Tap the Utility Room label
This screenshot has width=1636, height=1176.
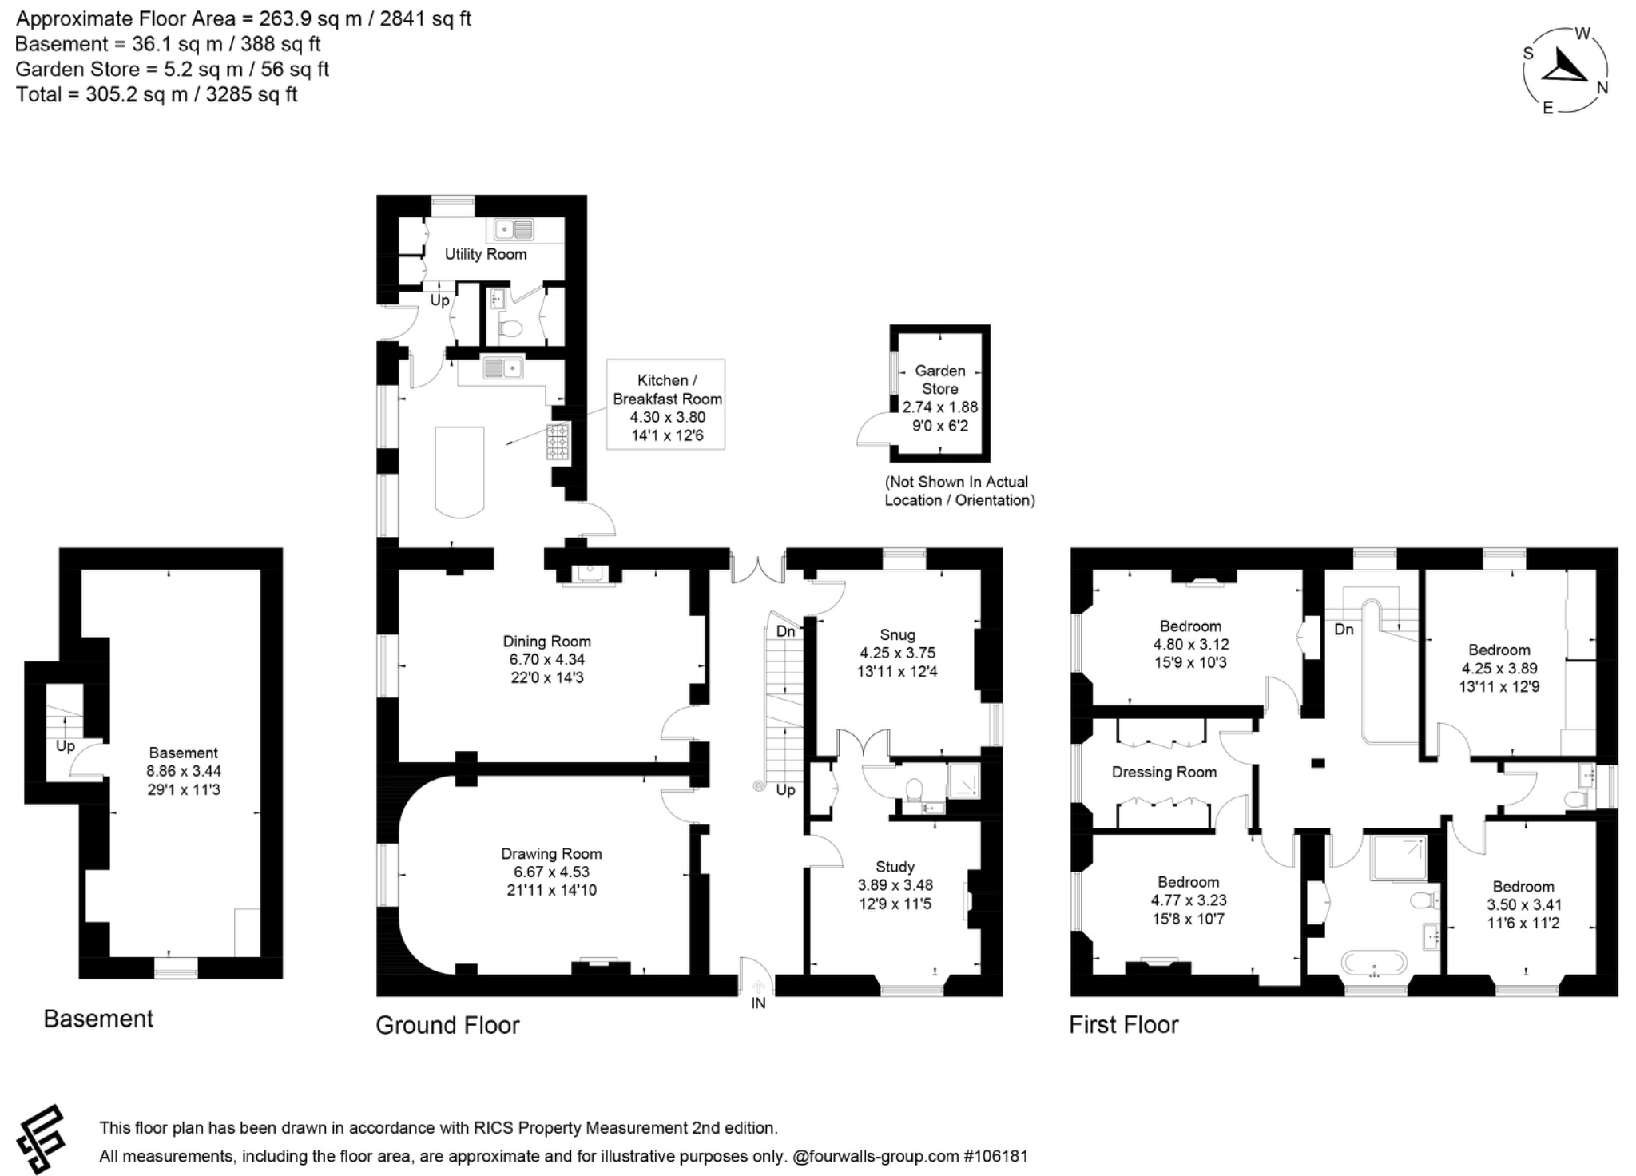[486, 254]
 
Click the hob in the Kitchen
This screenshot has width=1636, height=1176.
[558, 442]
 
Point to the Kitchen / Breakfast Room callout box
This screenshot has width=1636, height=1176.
[665, 404]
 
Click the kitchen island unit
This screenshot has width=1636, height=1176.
[459, 470]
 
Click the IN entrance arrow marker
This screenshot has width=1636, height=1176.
[757, 987]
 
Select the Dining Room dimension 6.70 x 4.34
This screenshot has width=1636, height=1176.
[547, 659]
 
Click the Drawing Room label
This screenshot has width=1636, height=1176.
[551, 853]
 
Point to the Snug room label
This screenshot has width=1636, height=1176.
[897, 634]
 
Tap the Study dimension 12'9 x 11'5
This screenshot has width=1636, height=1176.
[895, 904]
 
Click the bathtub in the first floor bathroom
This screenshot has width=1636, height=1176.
[1374, 963]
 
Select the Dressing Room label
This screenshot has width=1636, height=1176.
[1164, 772]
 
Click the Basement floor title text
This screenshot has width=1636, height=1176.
[98, 1019]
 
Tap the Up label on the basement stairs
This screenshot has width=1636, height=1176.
[65, 745]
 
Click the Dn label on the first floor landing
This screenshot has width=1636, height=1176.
[1344, 629]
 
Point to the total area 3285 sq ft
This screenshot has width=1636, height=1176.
[252, 94]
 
